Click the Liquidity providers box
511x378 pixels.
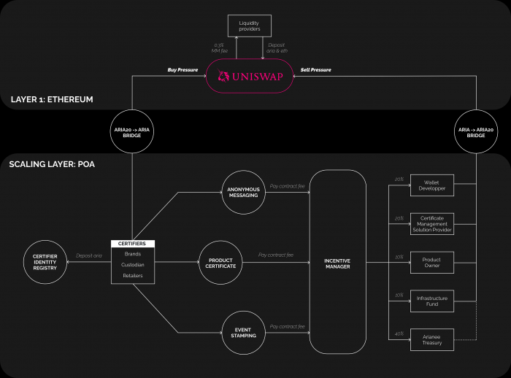point(249,26)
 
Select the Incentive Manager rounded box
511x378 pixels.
point(338,262)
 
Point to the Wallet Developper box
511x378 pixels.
point(431,184)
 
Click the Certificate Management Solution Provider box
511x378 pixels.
point(431,224)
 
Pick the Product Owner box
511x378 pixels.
point(431,261)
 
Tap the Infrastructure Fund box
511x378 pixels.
point(431,299)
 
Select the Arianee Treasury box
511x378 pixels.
point(431,338)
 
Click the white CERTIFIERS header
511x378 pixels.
point(133,244)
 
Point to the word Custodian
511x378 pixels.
point(133,264)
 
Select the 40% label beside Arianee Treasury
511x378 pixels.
point(399,333)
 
